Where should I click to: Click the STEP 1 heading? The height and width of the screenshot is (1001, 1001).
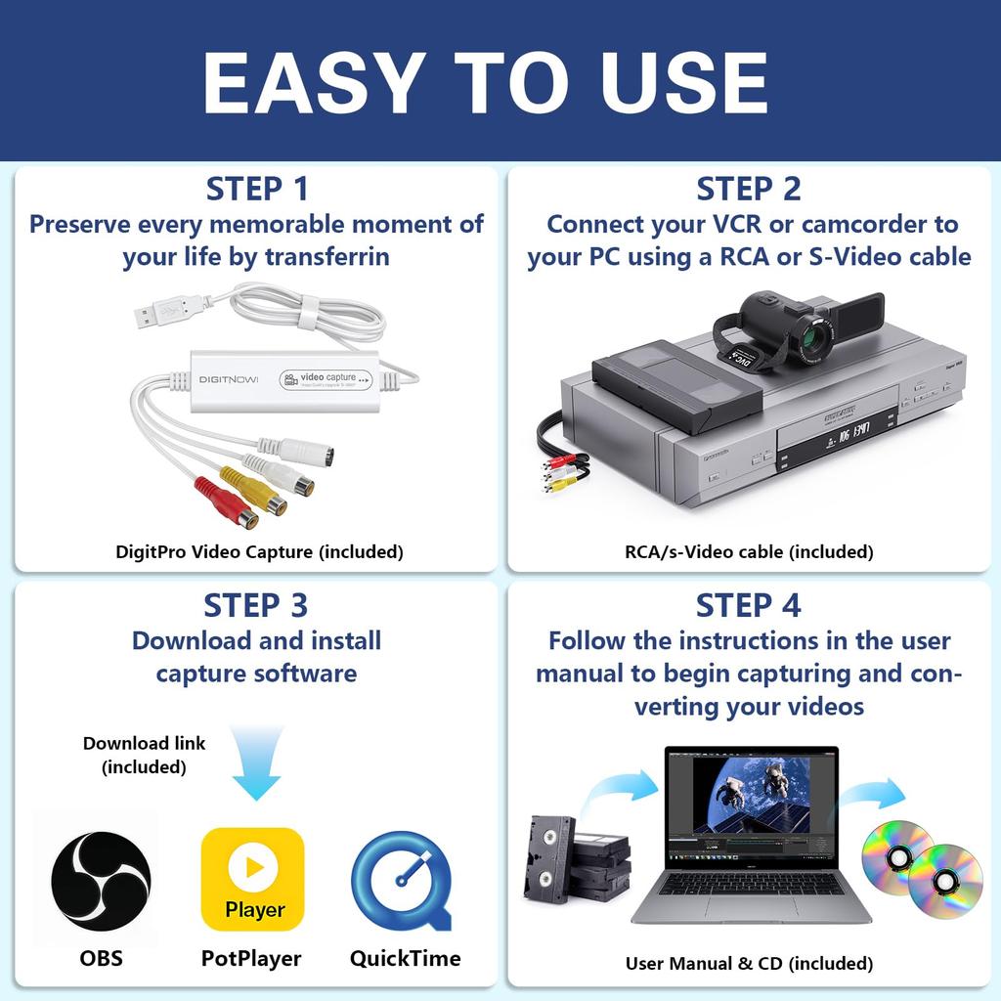[256, 188]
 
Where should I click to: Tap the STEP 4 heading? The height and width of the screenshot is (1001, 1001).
[748, 605]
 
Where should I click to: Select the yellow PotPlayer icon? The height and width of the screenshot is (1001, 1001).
[253, 879]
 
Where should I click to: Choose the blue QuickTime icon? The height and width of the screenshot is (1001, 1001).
[402, 879]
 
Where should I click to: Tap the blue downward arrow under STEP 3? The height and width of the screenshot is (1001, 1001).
[255, 762]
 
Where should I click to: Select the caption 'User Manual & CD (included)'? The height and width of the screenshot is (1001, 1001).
[749, 964]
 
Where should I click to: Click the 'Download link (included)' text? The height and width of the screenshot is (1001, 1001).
[144, 755]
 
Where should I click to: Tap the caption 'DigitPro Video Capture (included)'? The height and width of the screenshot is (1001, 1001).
[259, 552]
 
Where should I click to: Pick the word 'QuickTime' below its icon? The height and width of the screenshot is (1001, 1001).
[405, 958]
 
